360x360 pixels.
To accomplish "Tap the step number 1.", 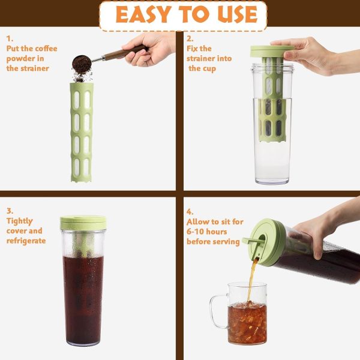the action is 10,38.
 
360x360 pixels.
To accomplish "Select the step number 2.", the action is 190,38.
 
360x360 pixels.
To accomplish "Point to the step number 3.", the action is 10,211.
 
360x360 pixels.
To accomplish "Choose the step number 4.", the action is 190,212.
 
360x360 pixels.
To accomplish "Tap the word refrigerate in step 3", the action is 26,241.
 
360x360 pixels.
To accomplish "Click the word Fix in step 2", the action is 193,49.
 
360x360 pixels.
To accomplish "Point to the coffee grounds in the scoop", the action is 82,64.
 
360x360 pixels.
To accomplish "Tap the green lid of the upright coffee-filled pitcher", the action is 83,223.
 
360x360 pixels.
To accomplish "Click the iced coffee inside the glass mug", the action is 247,323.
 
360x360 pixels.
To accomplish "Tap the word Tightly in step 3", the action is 20,221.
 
